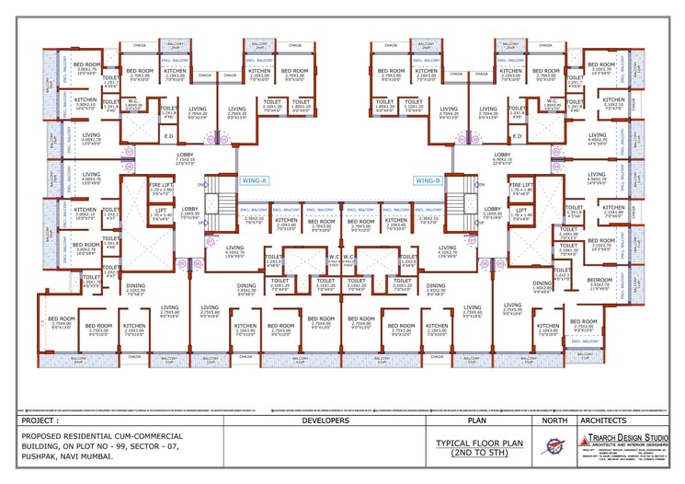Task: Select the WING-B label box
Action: (x=428, y=181)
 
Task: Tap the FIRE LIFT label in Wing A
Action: (x=161, y=190)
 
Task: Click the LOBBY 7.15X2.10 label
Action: (x=185, y=157)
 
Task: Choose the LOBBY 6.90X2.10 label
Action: (x=502, y=157)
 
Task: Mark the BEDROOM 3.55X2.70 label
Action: (x=599, y=282)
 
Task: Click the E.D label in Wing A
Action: (x=168, y=136)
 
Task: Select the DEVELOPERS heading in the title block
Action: (x=325, y=421)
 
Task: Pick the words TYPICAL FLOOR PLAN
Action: (x=479, y=443)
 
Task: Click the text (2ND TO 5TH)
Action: (x=479, y=453)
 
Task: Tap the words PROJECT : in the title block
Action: (x=44, y=421)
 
